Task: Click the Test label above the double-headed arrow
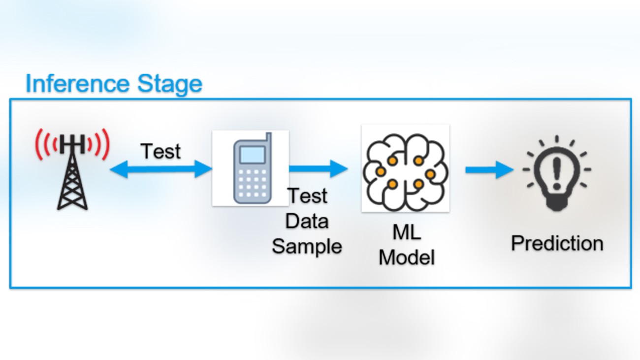pos(161,151)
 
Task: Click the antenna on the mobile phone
pos(267,139)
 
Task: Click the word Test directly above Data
pos(308,196)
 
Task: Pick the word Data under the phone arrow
pos(307,221)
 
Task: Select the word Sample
pos(307,246)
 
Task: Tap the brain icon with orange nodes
pos(405,168)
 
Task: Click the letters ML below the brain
pos(407,233)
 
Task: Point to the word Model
pos(407,257)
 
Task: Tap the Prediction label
pos(557,243)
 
